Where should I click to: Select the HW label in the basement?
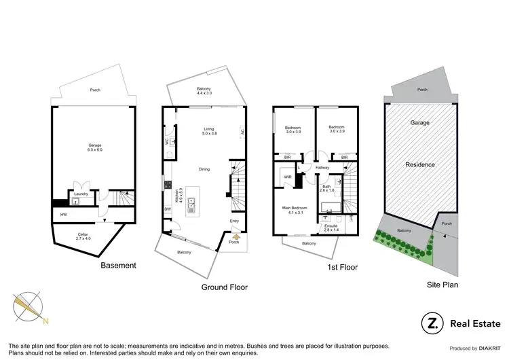coord(64,215)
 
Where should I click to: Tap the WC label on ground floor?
coord(166,142)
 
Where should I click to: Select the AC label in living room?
coord(242,133)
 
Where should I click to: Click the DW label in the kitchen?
coord(167,209)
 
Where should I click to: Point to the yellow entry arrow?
coord(235,236)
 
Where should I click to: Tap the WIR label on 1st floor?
coord(287,178)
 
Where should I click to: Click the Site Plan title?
coord(441,285)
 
